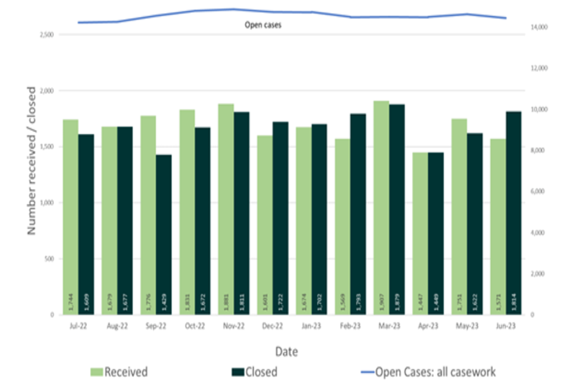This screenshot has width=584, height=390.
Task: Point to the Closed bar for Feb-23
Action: click(x=358, y=214)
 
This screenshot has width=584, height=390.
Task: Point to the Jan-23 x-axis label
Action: click(x=311, y=326)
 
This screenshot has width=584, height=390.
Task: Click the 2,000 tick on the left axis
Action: click(x=46, y=91)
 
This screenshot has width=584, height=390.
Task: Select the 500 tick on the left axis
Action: click(x=49, y=259)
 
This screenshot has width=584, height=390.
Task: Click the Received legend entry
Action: click(x=119, y=372)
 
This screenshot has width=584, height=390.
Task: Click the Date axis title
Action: click(x=287, y=352)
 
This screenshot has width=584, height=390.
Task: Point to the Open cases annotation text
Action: click(x=263, y=25)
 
